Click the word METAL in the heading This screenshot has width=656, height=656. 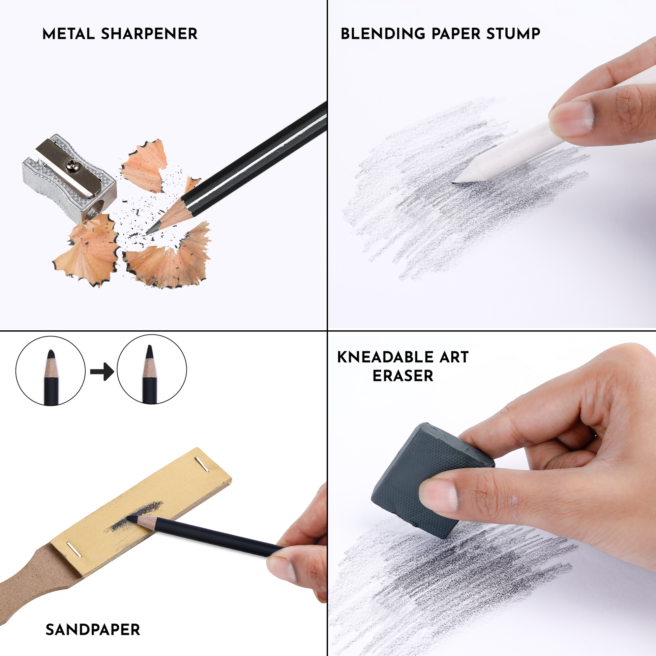pyautogui.click(x=68, y=34)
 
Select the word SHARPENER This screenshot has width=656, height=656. pyautogui.click(x=149, y=34)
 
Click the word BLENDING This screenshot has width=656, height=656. pyautogui.click(x=383, y=34)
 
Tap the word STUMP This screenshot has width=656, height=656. pyautogui.click(x=513, y=34)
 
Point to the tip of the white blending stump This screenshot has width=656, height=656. pyautogui.click(x=454, y=182)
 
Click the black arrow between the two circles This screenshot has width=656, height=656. pyautogui.click(x=102, y=371)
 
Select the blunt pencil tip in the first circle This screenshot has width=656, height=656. pyautogui.click(x=51, y=355)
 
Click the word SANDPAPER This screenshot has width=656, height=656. pyautogui.click(x=93, y=630)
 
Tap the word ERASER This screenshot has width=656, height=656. pyautogui.click(x=403, y=376)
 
